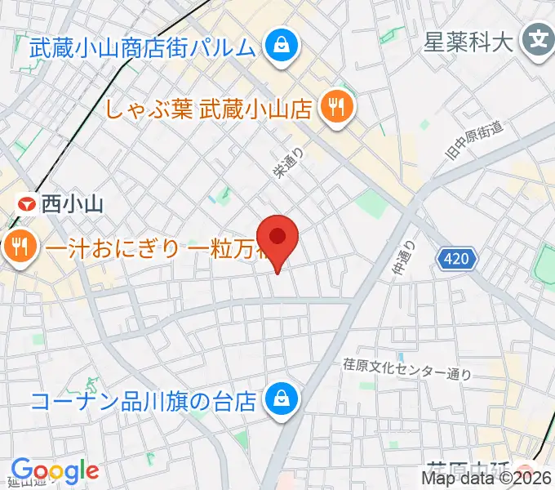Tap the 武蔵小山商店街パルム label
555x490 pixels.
pos(143,47)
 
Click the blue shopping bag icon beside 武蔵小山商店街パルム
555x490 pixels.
pos(282,47)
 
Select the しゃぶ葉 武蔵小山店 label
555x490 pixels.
pos(209,108)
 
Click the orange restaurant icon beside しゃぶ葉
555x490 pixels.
pos(335,107)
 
